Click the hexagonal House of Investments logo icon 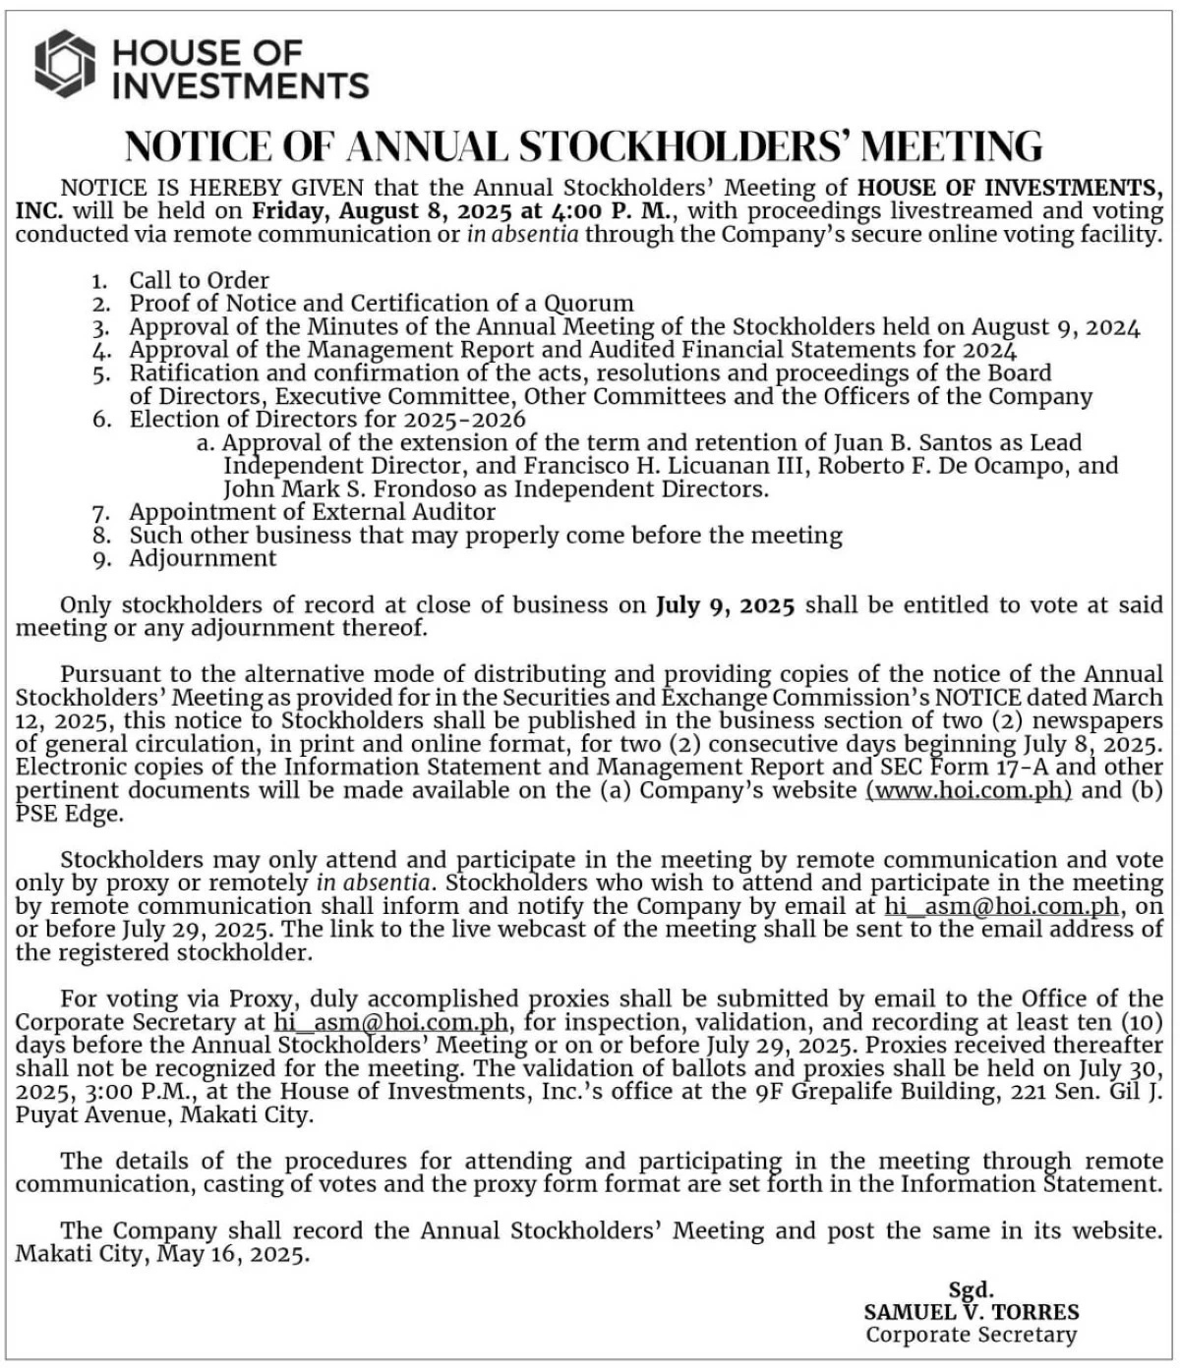tap(65, 65)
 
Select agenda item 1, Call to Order tap(199, 280)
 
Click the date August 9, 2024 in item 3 tap(1056, 326)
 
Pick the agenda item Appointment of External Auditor tap(312, 512)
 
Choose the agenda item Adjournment tap(203, 558)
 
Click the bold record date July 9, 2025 tap(725, 604)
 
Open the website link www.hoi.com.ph tap(969, 790)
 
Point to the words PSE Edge tap(69, 814)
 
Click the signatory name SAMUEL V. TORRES tap(972, 1312)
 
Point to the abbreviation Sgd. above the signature tap(971, 1289)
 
